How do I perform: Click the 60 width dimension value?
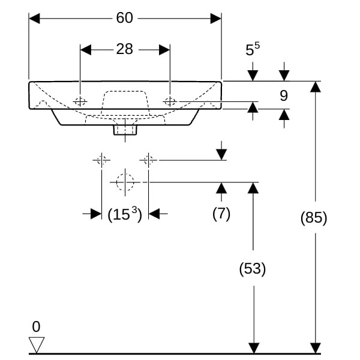(x=124, y=18)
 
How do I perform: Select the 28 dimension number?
(x=124, y=49)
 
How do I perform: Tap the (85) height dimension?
(x=314, y=218)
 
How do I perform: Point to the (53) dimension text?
(x=253, y=268)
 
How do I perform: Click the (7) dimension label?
(x=221, y=213)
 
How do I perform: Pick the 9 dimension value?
(x=284, y=95)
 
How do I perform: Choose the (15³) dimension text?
(x=124, y=214)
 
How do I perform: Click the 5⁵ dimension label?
(x=253, y=50)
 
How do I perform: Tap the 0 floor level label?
(x=36, y=327)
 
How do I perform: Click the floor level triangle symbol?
(x=37, y=345)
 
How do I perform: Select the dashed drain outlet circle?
(x=125, y=181)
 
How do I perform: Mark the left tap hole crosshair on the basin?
(x=80, y=101)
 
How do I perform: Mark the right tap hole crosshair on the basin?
(x=170, y=101)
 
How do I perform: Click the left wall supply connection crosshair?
(x=101, y=160)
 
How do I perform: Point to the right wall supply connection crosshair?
(x=148, y=160)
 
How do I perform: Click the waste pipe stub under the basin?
(x=125, y=127)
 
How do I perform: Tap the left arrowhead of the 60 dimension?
(x=34, y=18)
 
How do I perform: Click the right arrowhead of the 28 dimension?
(x=165, y=49)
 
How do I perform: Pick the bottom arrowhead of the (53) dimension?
(x=253, y=348)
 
